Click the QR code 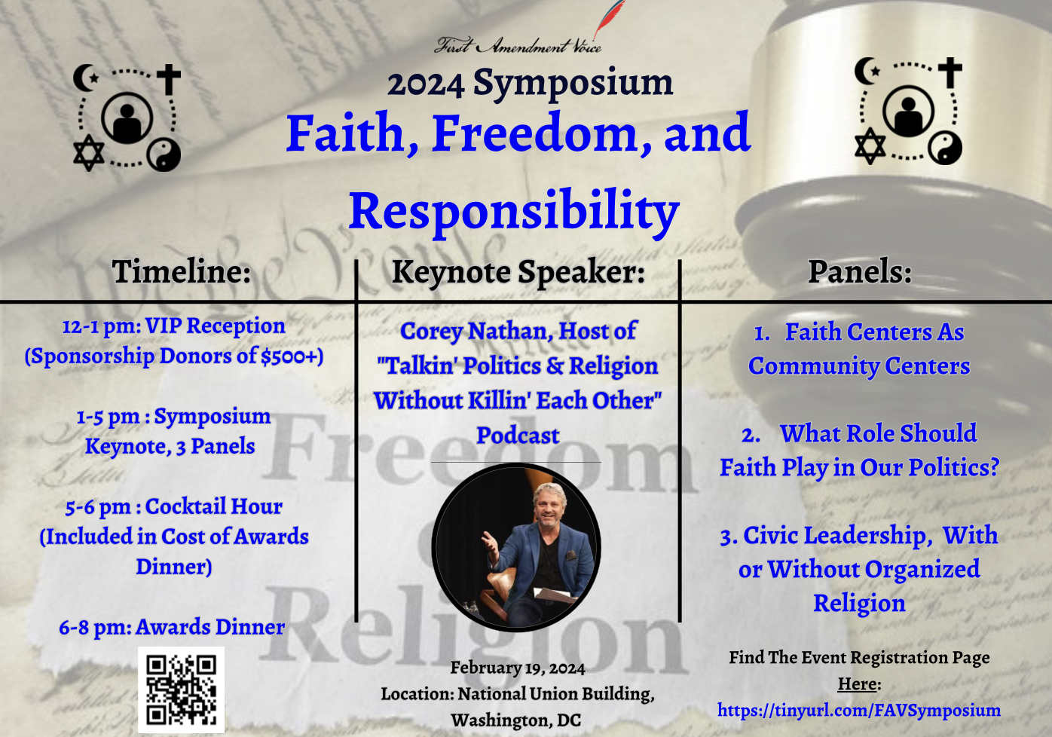[x=182, y=690]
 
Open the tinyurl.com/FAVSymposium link [x=859, y=710]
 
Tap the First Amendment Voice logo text [x=517, y=46]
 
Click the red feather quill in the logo [x=609, y=19]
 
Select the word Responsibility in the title [x=514, y=211]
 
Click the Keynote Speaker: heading [x=518, y=273]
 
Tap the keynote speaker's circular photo [x=516, y=547]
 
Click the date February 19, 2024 [x=518, y=668]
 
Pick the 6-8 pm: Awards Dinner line [x=172, y=627]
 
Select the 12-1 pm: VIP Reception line [x=174, y=326]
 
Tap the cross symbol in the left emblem [x=169, y=79]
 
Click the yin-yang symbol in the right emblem [x=944, y=148]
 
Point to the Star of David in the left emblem [x=89, y=152]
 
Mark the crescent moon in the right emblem [x=867, y=71]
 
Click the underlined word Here [x=857, y=684]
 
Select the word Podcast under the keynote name [x=518, y=436]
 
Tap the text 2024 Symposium [x=531, y=83]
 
